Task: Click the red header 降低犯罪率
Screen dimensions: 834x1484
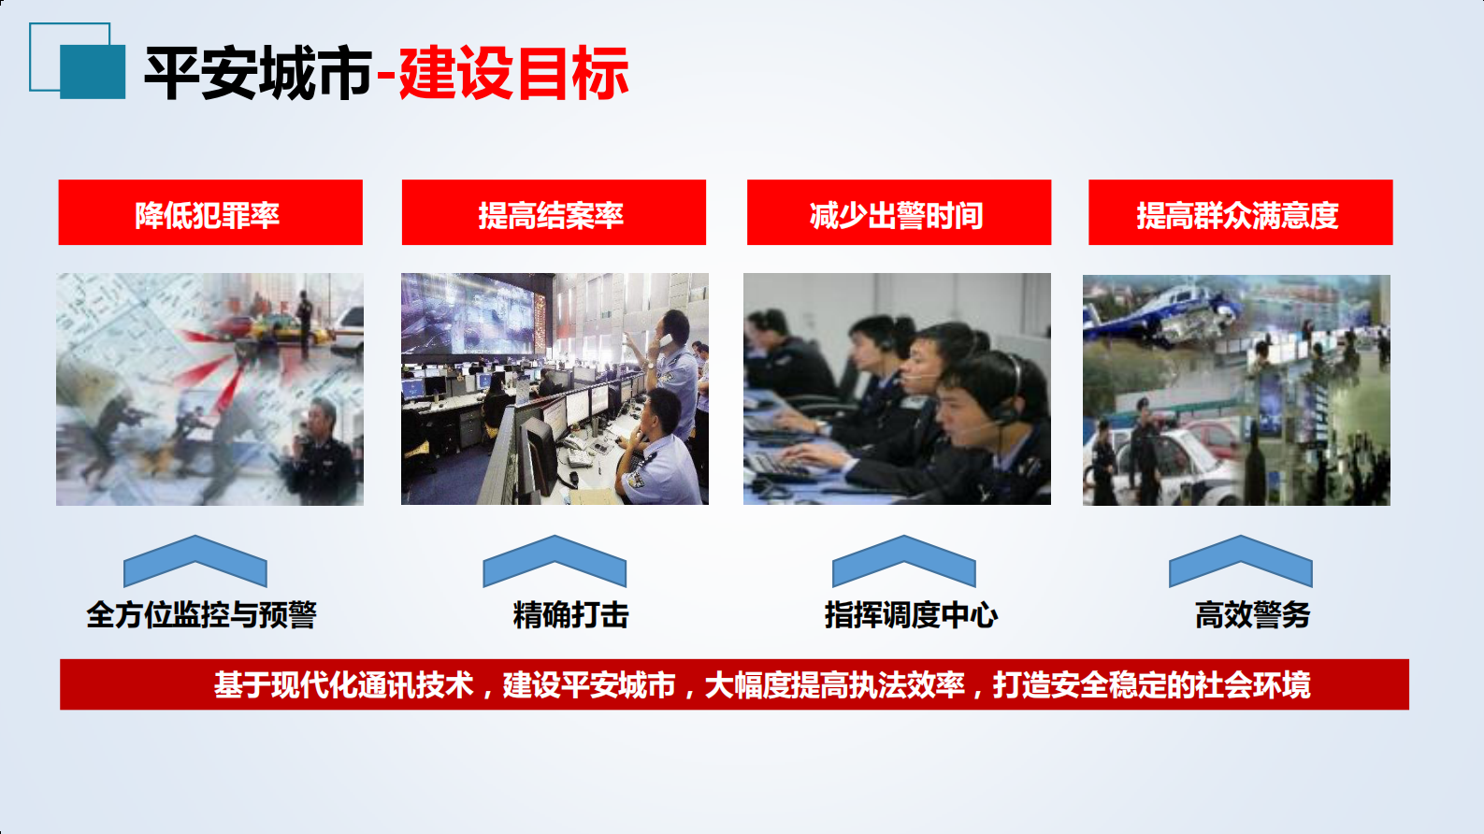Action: (x=209, y=213)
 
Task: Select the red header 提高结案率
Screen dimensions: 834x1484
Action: (x=553, y=213)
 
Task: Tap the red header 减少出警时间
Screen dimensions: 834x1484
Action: (x=898, y=213)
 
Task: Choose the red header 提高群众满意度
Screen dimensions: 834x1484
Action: (x=1239, y=213)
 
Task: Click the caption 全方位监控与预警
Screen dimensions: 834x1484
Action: (x=202, y=615)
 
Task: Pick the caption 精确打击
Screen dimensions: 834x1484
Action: (x=570, y=615)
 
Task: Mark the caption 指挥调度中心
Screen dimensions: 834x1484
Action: (x=911, y=615)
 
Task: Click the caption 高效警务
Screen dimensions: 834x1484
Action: (x=1252, y=615)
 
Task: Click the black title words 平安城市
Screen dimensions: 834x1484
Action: (x=258, y=73)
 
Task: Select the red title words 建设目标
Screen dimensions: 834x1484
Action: (x=513, y=73)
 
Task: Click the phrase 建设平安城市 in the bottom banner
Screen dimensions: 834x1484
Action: (x=589, y=685)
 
